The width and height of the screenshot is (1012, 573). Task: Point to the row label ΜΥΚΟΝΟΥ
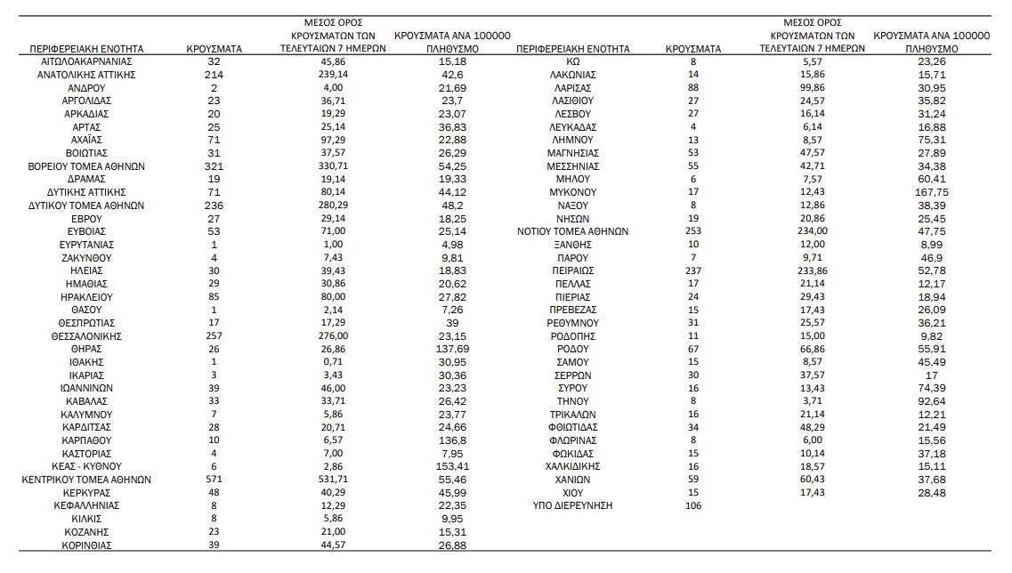point(572,192)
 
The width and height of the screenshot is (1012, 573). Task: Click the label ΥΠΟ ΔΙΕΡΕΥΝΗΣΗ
point(572,505)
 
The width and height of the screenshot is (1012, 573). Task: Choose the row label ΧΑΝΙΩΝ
point(572,480)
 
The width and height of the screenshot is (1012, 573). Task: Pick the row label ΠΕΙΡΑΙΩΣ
point(572,270)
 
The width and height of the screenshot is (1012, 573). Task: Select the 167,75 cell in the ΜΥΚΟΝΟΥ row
point(933,192)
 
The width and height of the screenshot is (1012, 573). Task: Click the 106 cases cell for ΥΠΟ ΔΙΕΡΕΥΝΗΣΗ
point(693,505)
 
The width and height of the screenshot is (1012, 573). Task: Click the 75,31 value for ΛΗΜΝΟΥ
point(933,140)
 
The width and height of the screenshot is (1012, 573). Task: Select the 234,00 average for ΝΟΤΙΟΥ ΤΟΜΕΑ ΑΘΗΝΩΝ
point(813,231)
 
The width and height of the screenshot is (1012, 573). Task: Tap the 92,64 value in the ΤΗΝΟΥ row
point(933,401)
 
